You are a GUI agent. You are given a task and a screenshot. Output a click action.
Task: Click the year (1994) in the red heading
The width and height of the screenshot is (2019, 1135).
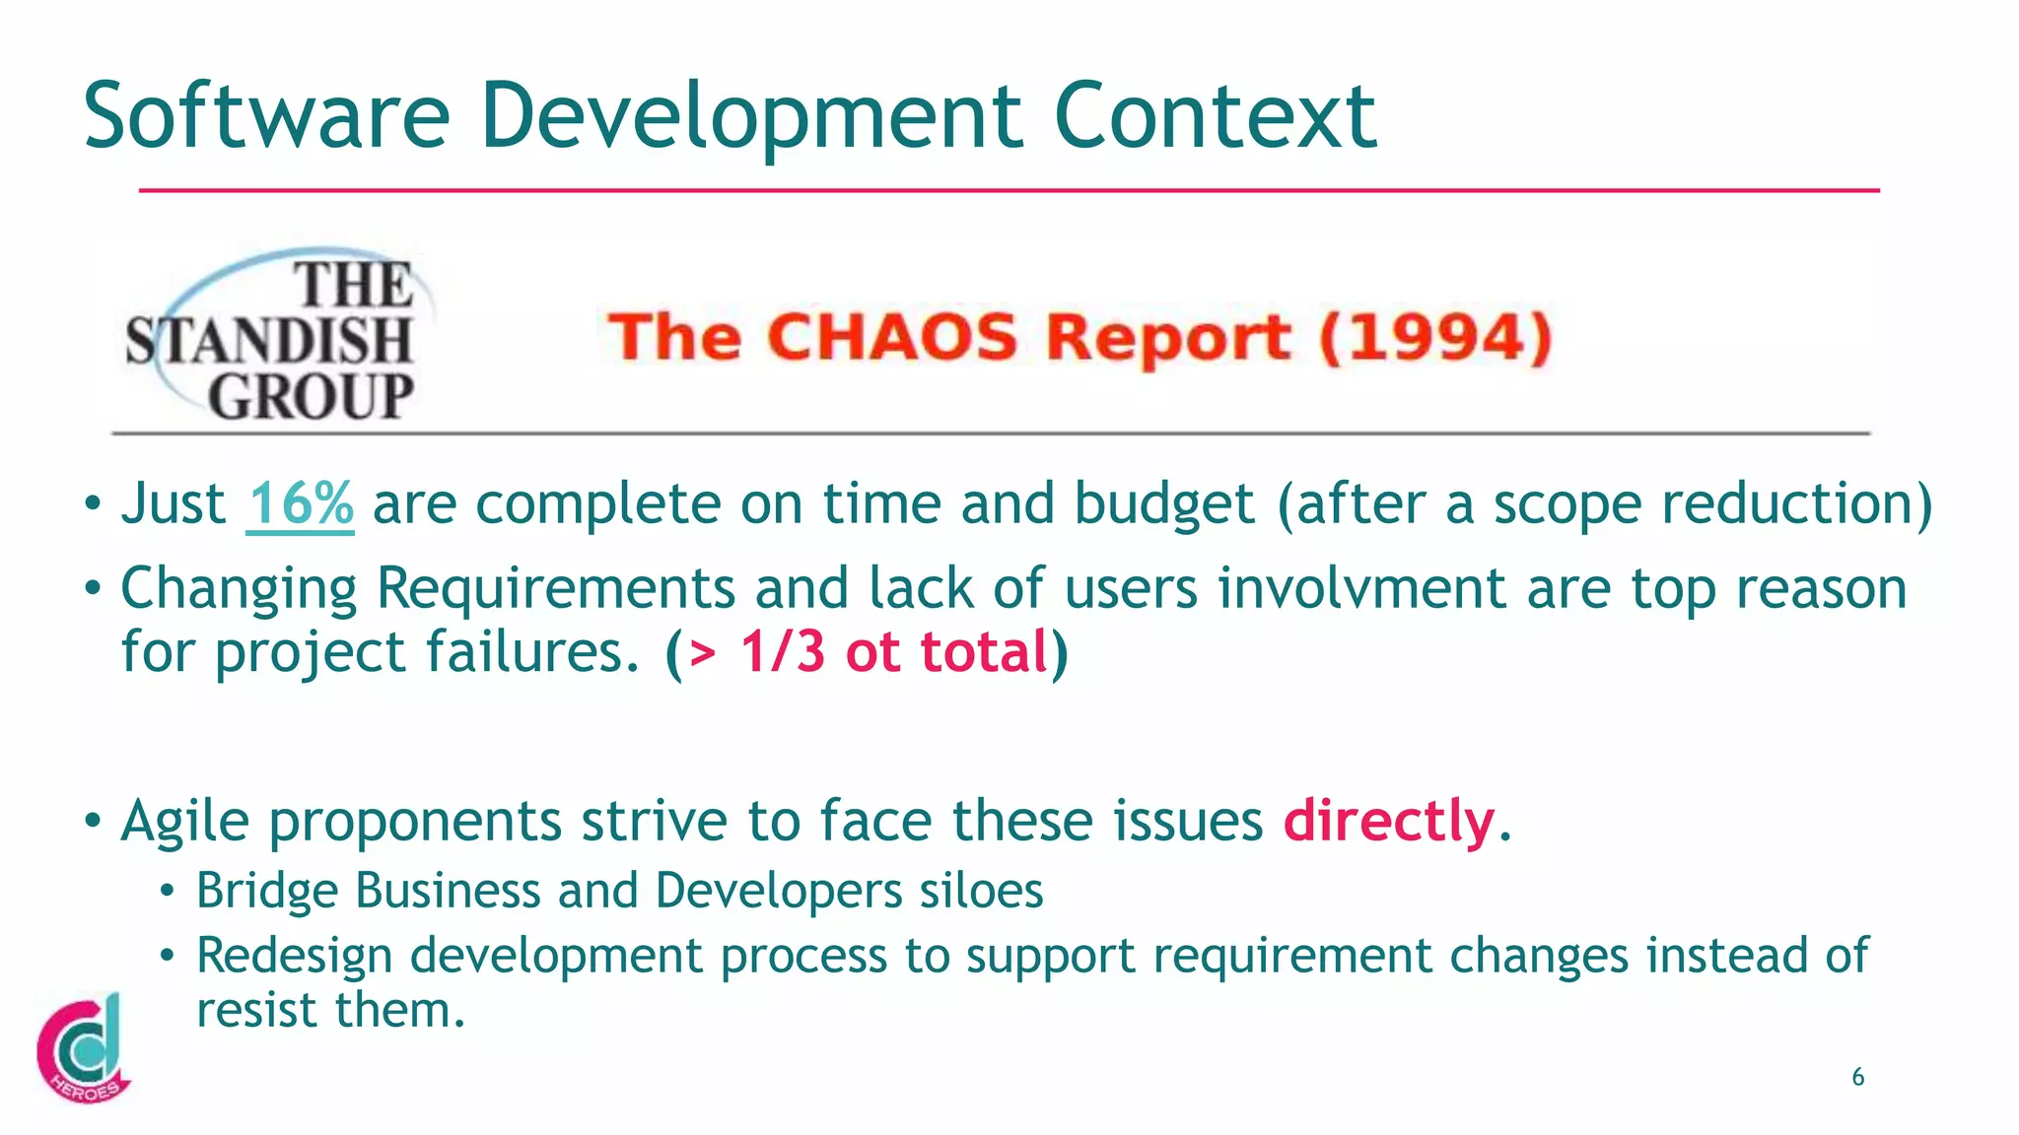pos(1435,337)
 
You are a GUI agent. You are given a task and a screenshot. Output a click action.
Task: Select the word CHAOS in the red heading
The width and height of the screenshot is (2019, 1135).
pos(892,337)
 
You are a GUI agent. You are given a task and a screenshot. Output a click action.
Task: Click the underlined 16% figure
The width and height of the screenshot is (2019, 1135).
pos(301,504)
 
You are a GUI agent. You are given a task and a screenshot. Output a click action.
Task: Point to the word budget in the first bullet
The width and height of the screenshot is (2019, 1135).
pos(1163,504)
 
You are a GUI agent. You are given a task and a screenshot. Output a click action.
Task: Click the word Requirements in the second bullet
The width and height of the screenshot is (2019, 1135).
pos(555,589)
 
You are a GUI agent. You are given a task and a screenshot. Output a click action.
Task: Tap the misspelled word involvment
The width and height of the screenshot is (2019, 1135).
pos(1361,589)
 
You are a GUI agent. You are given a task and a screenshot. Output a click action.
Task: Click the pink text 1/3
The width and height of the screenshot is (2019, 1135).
pos(782,652)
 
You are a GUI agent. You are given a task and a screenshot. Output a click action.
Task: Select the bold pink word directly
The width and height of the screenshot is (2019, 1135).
pos(1388,821)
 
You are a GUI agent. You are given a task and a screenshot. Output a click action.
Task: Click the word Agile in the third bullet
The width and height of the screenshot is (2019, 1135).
pos(184,821)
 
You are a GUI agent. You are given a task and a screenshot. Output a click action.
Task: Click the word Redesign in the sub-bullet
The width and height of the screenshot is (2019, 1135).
pos(294,956)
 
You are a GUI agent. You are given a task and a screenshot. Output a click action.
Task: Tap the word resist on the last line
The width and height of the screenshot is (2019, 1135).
pos(258,1010)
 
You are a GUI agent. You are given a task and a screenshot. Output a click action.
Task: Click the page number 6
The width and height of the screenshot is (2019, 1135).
pos(1857,1077)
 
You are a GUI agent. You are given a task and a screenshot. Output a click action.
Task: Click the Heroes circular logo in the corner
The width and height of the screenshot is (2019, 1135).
pos(83,1048)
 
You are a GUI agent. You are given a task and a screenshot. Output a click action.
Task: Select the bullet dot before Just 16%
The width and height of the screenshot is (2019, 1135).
pos(92,505)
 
